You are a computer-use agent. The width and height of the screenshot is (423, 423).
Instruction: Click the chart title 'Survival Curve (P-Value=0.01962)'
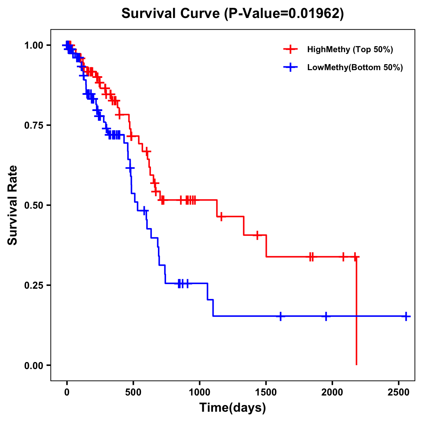click(x=232, y=14)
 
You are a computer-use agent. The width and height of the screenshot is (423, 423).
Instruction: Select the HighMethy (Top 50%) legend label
click(x=350, y=49)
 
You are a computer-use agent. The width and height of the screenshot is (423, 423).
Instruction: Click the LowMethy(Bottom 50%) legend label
click(x=355, y=68)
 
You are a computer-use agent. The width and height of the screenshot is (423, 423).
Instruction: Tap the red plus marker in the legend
click(x=290, y=49)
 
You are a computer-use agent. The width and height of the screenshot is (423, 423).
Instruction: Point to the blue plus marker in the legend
click(x=290, y=68)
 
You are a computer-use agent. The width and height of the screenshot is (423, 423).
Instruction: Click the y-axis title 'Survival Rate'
click(x=13, y=205)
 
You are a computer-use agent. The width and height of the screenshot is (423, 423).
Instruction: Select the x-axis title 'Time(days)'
click(x=232, y=408)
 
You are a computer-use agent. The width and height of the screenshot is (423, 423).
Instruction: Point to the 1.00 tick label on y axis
click(x=33, y=45)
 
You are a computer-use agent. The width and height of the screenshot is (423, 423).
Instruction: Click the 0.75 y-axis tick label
click(x=33, y=125)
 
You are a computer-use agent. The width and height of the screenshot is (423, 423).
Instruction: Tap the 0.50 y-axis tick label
click(x=33, y=205)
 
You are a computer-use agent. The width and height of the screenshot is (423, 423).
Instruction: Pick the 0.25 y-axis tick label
click(x=33, y=285)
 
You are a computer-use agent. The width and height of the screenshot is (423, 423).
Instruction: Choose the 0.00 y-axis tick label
click(x=33, y=365)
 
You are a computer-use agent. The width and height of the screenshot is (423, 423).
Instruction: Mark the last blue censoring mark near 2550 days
click(x=406, y=316)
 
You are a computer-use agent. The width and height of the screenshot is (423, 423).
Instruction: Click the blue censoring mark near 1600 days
click(x=280, y=316)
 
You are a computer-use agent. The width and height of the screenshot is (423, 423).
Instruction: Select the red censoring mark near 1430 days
click(x=257, y=235)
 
